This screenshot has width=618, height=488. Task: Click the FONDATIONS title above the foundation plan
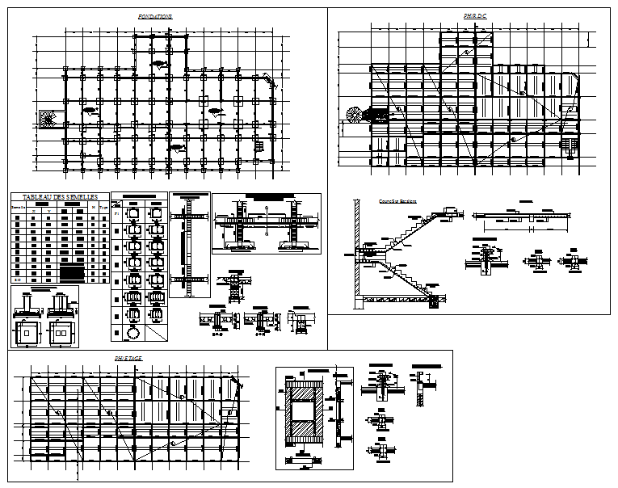click(155, 17)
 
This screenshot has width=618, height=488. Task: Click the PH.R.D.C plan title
click(475, 16)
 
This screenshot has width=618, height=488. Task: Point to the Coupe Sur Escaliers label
click(396, 201)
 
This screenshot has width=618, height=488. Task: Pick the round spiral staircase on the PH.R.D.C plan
click(353, 115)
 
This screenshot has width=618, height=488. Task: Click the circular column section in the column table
click(132, 332)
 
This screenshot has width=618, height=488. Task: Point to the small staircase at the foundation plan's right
click(259, 146)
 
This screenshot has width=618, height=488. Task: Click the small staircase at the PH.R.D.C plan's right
click(571, 145)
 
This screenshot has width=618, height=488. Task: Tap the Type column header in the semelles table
click(103, 208)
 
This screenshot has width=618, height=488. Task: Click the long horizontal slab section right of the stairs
click(533, 216)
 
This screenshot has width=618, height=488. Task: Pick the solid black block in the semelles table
click(73, 271)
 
